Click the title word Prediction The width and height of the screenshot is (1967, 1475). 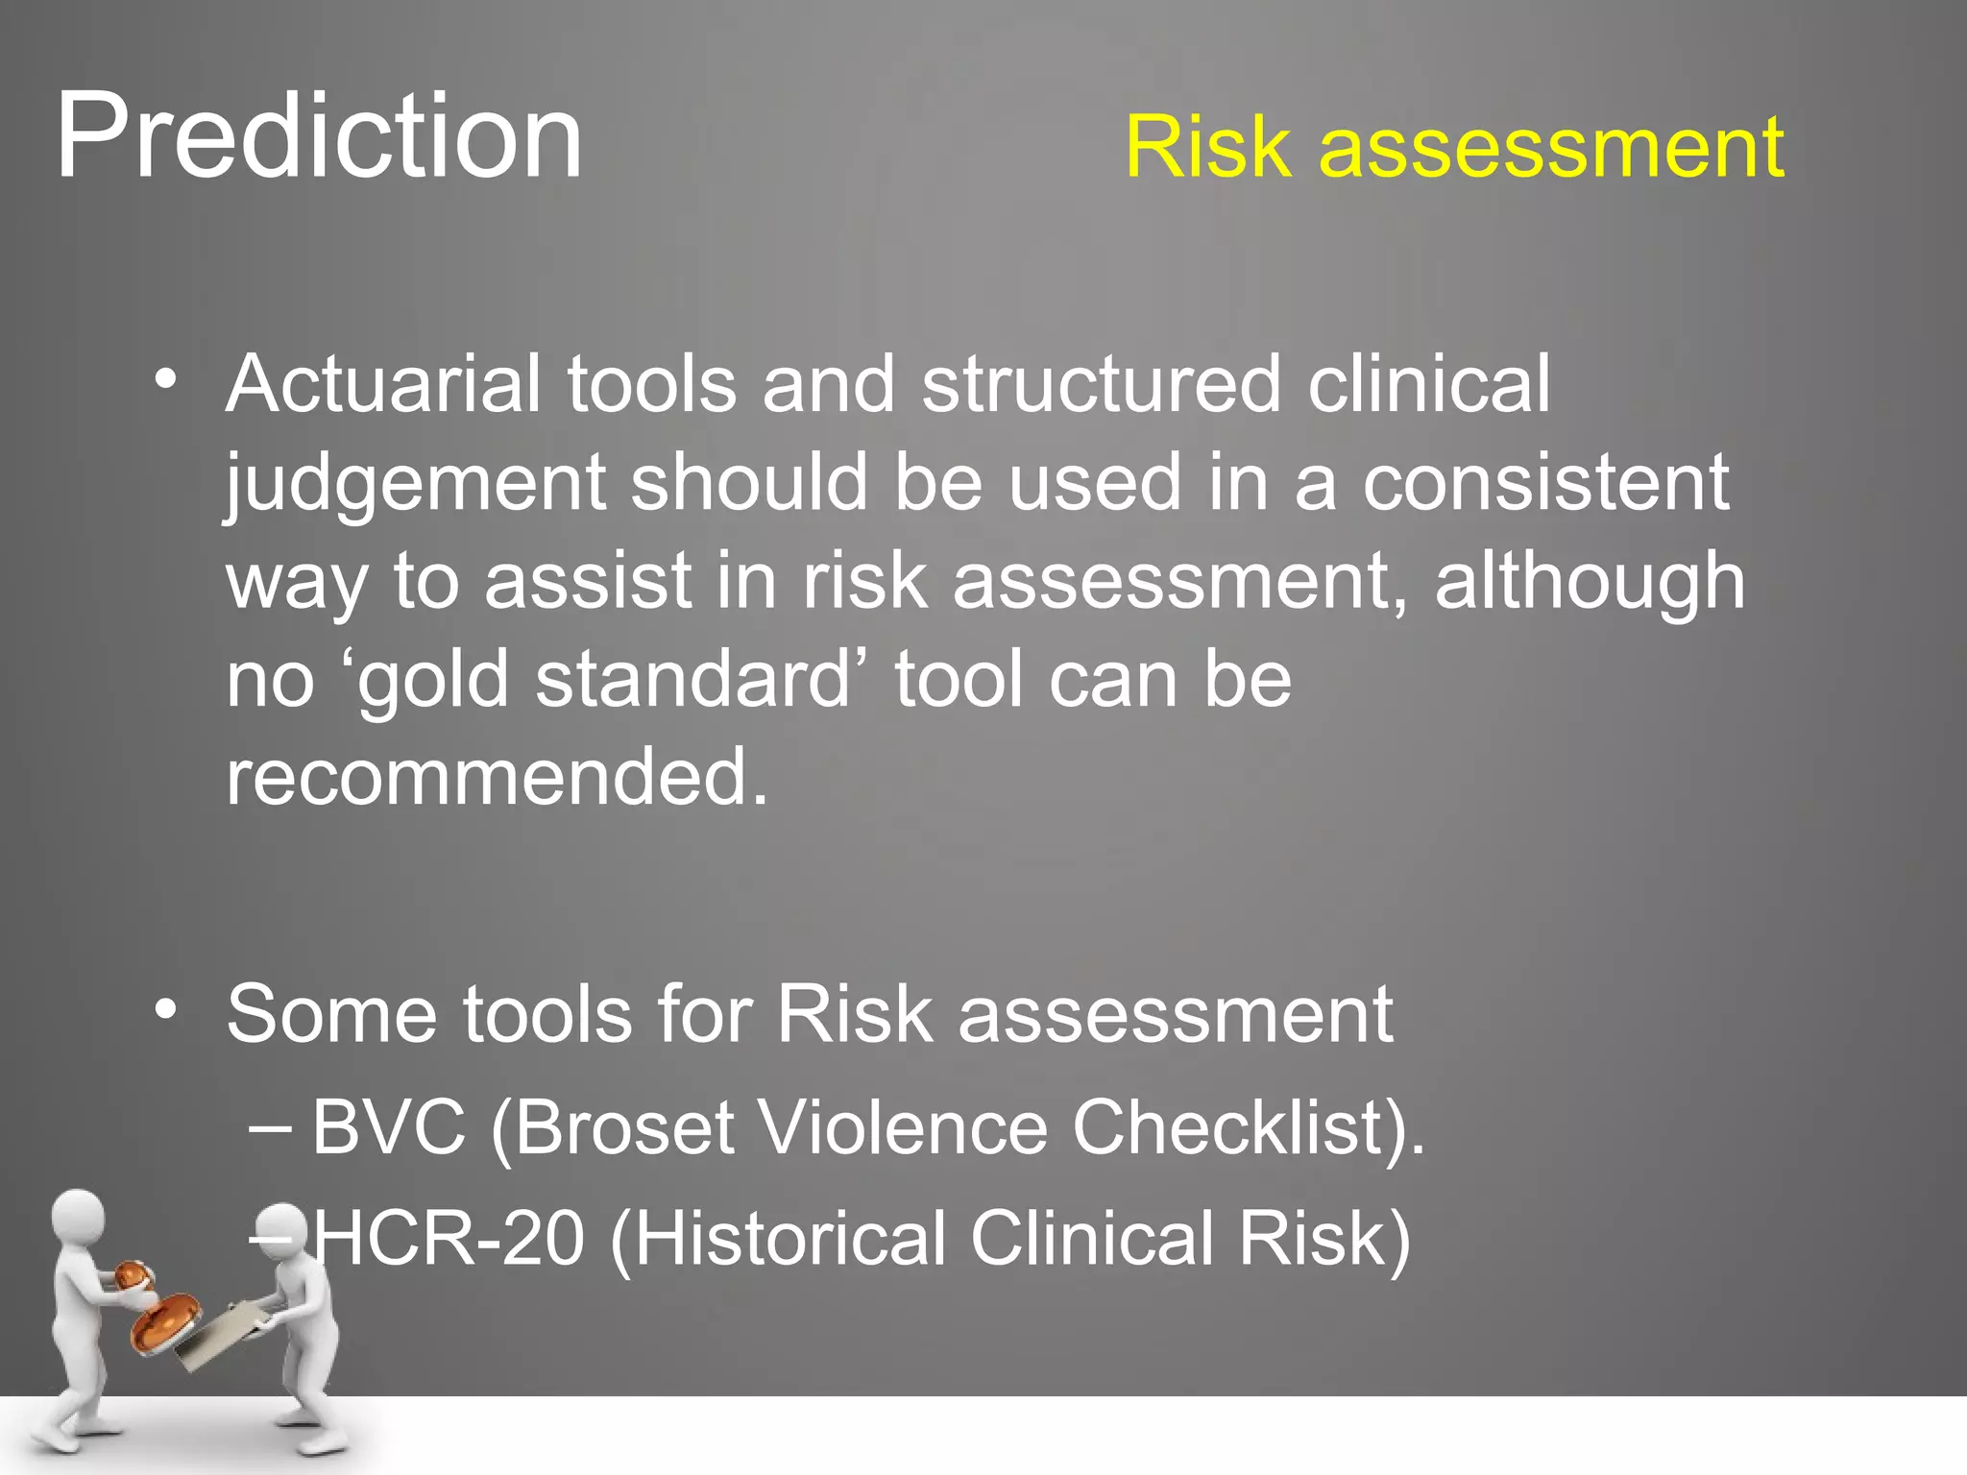[319, 136]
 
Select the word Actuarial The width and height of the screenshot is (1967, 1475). [384, 384]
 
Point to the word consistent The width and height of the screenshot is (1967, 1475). [1545, 483]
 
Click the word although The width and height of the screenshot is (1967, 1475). [1590, 583]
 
